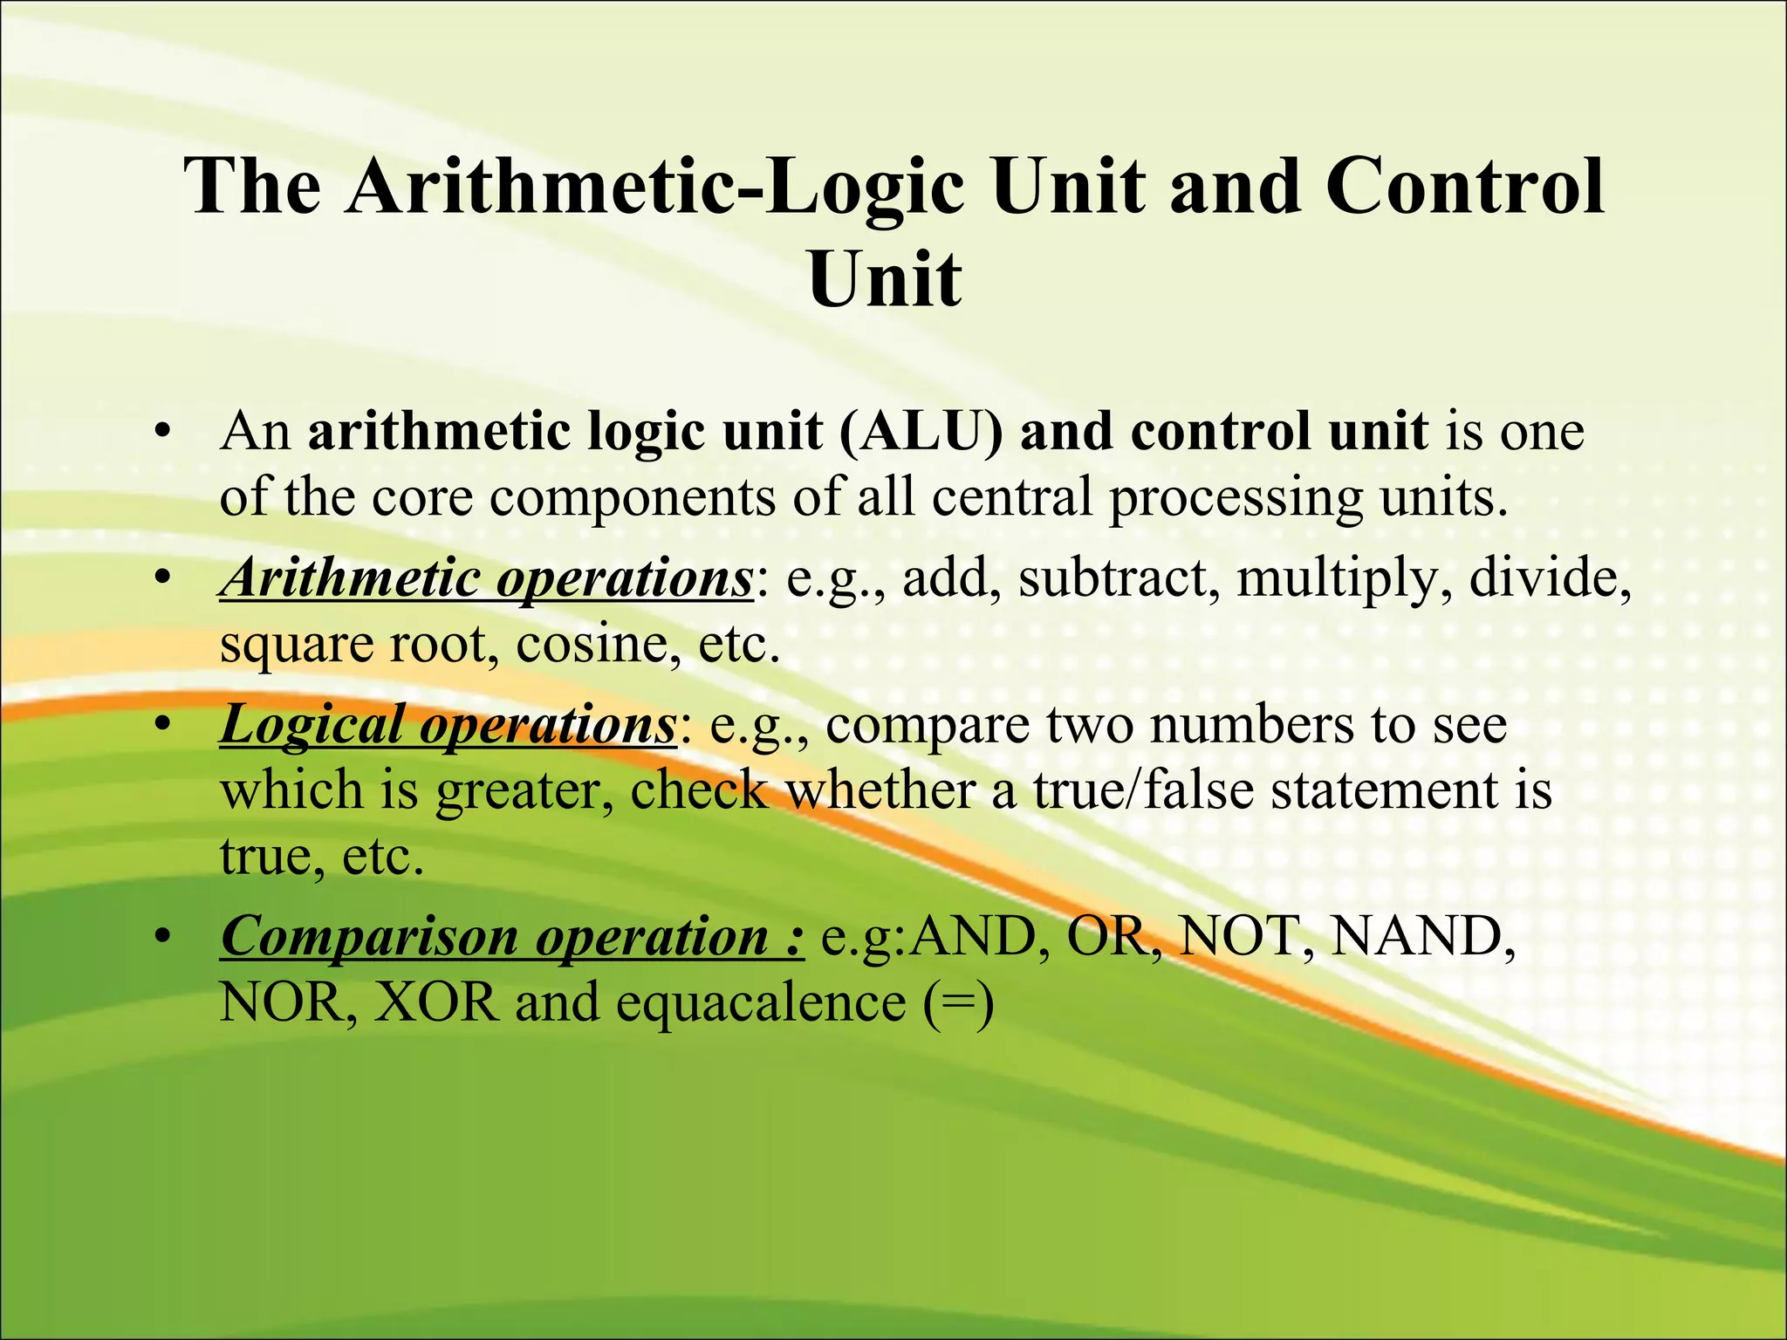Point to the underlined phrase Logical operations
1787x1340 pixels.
point(448,724)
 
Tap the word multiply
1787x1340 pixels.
point(1336,578)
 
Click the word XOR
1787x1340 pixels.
point(436,1002)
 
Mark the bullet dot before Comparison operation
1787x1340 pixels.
point(161,938)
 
